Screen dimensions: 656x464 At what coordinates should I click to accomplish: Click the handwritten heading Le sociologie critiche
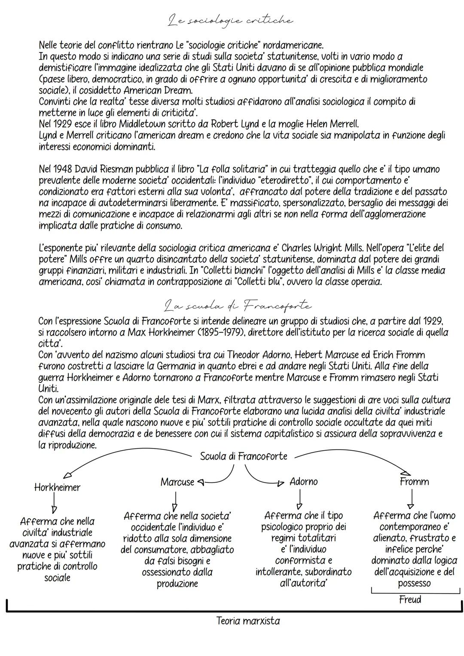coord(231,20)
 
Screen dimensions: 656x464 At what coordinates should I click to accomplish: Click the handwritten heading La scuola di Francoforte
coord(238,306)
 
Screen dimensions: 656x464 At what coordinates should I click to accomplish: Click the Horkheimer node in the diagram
coord(57,488)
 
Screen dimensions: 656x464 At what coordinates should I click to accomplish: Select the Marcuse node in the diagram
coord(177,482)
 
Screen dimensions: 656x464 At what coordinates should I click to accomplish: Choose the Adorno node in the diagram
coord(303,482)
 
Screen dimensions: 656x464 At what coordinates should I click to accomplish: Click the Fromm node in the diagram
coord(414,482)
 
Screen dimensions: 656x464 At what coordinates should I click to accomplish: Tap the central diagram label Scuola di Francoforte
coord(244,456)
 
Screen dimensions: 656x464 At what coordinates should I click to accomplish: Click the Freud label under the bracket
coord(410,600)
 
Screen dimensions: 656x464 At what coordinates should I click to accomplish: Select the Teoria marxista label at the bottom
coord(248,621)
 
